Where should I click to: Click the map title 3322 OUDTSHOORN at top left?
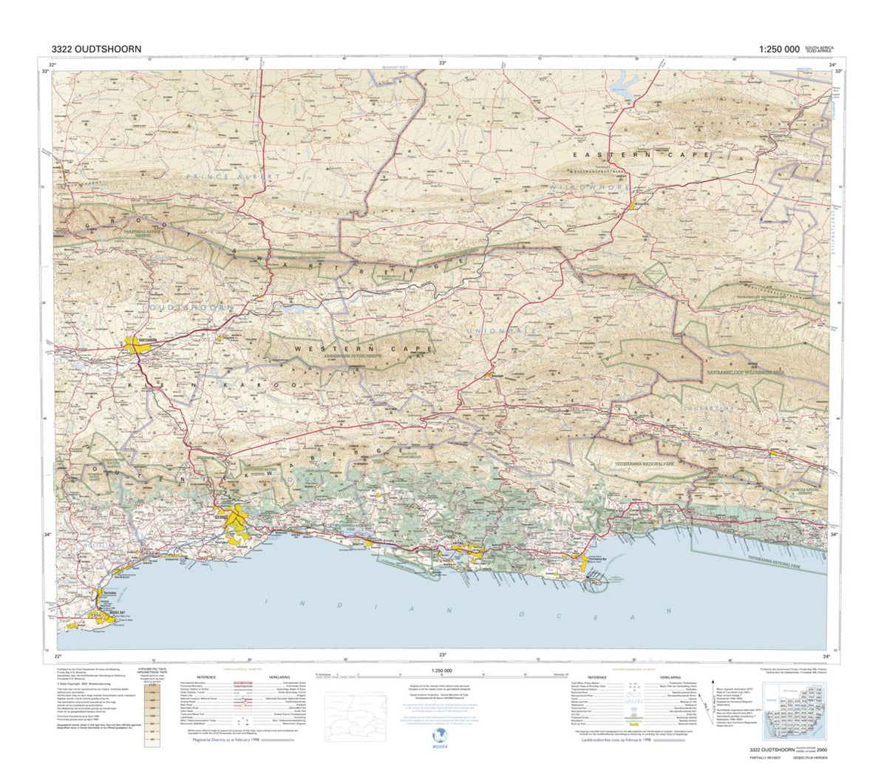pyautogui.click(x=92, y=49)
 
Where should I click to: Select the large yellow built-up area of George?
pyautogui.click(x=235, y=520)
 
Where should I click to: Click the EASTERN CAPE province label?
pyautogui.click(x=641, y=155)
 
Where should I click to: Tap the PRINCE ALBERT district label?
pyautogui.click(x=234, y=177)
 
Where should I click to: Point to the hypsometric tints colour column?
pyautogui.click(x=153, y=713)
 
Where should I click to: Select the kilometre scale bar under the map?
pyautogui.click(x=440, y=675)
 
